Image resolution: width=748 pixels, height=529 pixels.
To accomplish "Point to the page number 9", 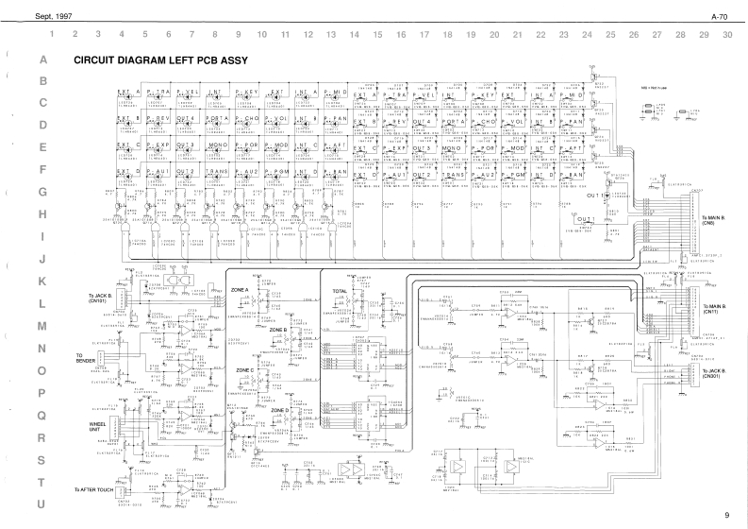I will [x=726, y=515].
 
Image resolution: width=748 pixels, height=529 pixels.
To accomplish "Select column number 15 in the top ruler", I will [x=377, y=34].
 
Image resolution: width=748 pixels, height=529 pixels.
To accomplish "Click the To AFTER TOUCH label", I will [x=95, y=490].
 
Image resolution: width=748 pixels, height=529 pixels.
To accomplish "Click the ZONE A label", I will [x=240, y=289].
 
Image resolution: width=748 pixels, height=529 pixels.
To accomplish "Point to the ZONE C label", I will [x=243, y=370].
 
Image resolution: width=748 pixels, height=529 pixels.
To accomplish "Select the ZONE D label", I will [x=280, y=410].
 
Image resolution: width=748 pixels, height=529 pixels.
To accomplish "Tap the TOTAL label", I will [x=341, y=289].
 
